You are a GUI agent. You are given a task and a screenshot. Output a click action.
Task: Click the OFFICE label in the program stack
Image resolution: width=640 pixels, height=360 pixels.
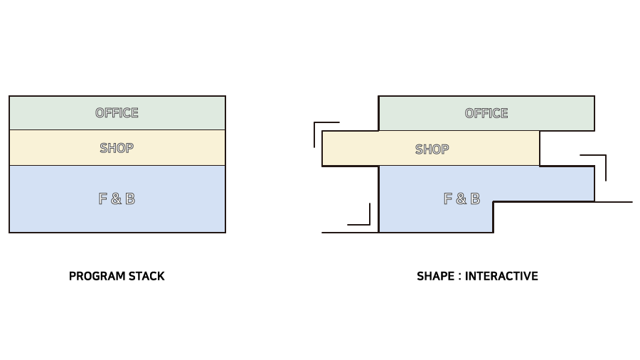(117, 112)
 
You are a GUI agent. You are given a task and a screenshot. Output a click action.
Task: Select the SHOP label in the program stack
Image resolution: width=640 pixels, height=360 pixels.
(117, 148)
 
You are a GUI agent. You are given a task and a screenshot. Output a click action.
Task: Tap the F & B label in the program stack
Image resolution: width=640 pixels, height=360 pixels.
(117, 198)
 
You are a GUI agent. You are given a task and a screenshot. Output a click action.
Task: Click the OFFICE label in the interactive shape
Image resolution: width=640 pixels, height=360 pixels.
(486, 113)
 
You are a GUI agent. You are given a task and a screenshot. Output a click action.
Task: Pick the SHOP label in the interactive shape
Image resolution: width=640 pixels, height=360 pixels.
(432, 149)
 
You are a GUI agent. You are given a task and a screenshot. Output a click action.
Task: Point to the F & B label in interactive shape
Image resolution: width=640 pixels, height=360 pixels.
(462, 198)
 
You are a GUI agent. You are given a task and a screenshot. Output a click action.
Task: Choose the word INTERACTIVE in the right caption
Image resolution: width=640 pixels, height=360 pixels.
(501, 276)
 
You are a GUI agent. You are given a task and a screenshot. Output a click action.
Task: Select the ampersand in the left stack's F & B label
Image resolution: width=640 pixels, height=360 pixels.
(116, 199)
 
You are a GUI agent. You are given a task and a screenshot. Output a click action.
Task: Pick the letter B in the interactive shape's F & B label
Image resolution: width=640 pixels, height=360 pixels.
(474, 198)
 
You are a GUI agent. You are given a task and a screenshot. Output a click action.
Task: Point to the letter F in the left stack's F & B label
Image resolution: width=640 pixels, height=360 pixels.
(103, 198)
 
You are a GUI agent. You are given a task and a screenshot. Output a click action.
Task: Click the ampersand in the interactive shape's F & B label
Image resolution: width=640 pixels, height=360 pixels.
(462, 199)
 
